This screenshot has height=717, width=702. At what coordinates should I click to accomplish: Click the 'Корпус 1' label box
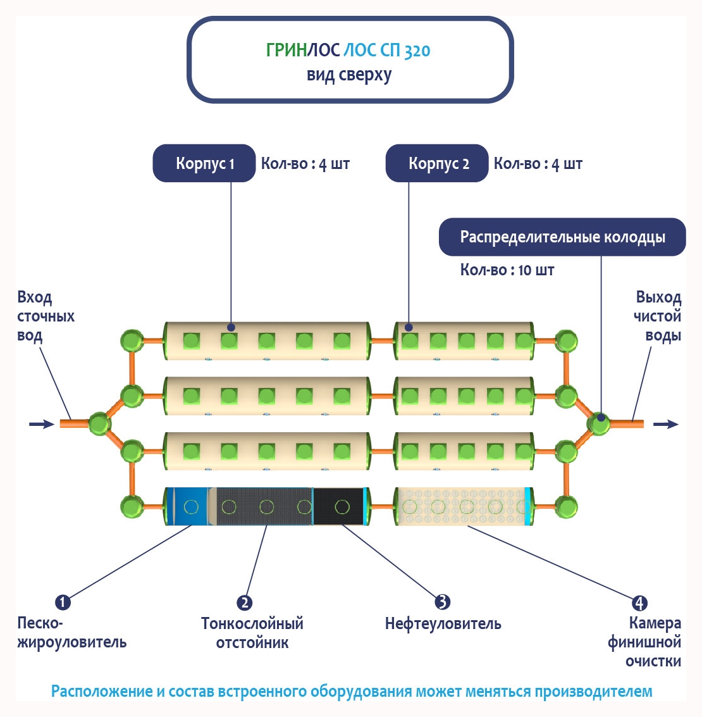point(204,163)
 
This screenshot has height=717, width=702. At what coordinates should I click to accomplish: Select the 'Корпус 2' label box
point(437,163)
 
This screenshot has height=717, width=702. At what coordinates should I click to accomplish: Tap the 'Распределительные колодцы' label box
point(562,237)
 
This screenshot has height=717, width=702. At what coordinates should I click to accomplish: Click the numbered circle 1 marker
point(63,601)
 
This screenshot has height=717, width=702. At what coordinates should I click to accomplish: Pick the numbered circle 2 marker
point(244,602)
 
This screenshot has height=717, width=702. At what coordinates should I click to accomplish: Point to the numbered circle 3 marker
point(443,601)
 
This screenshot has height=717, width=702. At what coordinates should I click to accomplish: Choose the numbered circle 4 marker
point(639,602)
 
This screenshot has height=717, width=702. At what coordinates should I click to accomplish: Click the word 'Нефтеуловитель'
point(443,624)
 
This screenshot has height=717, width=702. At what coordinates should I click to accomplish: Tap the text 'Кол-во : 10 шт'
point(507,270)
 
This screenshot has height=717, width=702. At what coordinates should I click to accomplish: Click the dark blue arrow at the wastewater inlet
point(42,423)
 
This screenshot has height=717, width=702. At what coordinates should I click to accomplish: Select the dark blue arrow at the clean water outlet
point(665,423)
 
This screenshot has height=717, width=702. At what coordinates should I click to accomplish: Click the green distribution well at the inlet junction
point(100,423)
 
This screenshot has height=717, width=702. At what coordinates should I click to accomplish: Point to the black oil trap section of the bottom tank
point(340,506)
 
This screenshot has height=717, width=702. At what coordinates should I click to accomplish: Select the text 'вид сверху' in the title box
point(349,75)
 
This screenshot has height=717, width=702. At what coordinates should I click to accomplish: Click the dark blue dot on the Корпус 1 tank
point(231,327)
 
